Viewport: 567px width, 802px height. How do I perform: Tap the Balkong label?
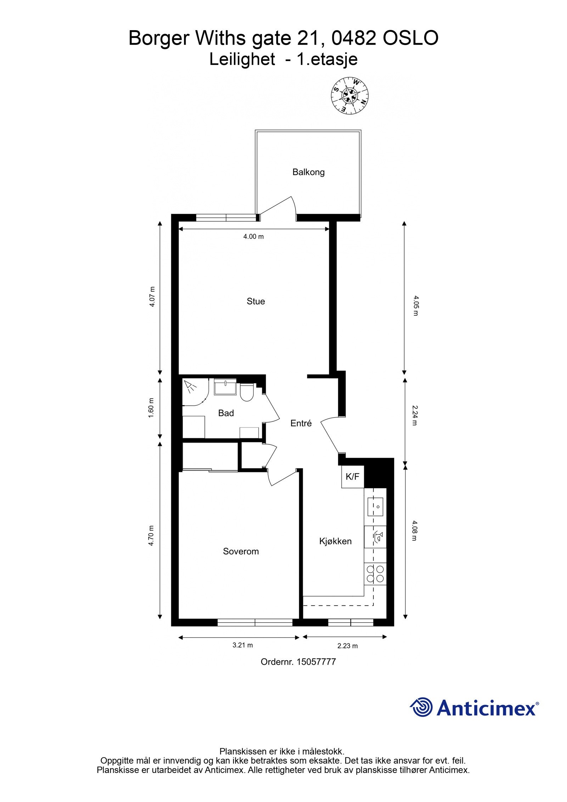point(308,172)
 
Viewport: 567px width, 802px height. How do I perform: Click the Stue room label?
point(256,301)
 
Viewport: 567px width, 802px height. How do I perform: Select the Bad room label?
point(226,413)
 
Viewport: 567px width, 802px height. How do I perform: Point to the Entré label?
point(301,423)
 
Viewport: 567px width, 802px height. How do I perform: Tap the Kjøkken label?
point(335,541)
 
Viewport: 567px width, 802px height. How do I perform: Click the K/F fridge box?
point(352,477)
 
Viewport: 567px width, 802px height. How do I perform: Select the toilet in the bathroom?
point(246,392)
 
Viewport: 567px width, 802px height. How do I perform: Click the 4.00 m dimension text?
point(253,236)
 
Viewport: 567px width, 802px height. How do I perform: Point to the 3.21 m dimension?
point(242,645)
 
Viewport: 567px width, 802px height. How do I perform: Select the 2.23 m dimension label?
point(347,646)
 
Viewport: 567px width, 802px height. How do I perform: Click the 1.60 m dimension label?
point(152,408)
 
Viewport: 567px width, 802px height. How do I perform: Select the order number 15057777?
point(316,662)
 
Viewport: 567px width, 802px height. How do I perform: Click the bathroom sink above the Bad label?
point(225,386)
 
